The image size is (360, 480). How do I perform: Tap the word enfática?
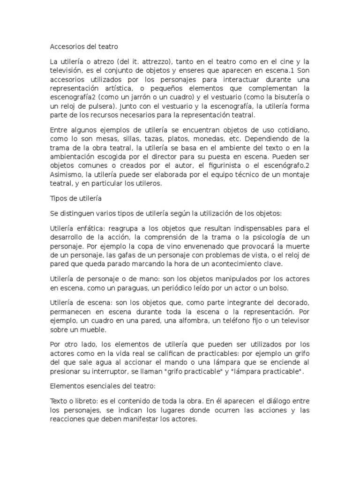click(92, 228)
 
